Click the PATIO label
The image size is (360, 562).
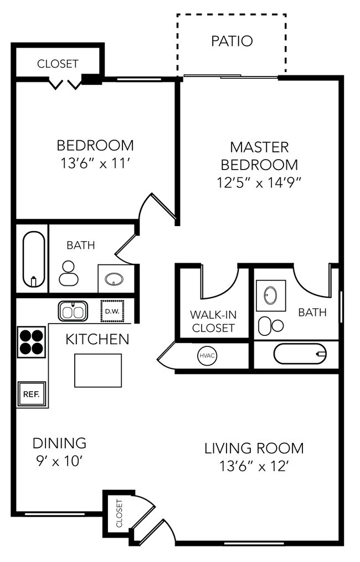point(232,41)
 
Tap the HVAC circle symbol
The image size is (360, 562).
point(207,356)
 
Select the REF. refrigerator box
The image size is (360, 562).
point(32,394)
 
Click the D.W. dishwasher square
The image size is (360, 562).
point(112,311)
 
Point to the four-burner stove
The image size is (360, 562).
point(32,342)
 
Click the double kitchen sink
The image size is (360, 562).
point(73,311)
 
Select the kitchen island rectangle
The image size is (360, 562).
point(98,371)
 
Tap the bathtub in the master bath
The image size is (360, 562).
point(300,354)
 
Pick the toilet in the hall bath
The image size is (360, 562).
point(69,273)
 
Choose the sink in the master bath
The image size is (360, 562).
point(270,295)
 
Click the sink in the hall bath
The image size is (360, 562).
point(114,278)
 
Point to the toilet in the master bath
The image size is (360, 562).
point(270,326)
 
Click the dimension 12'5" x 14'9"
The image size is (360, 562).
point(258,183)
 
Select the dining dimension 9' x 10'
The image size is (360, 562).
point(59,461)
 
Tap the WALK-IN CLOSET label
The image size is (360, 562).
point(213,321)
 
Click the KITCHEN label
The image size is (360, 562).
point(97,339)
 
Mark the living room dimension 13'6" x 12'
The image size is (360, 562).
point(254,466)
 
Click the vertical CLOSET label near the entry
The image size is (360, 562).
point(119,513)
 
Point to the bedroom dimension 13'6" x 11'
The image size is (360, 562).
point(95,164)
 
